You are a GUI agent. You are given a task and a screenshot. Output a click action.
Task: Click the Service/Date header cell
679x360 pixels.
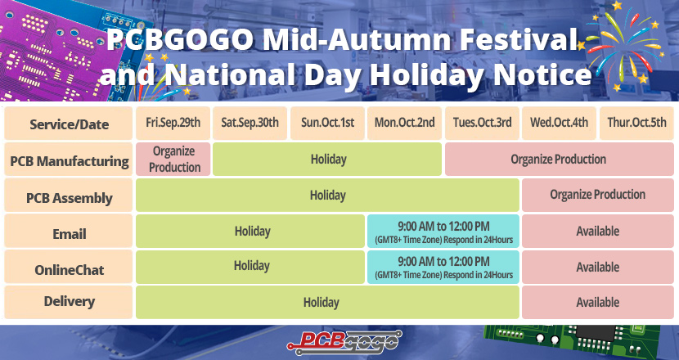tap(69, 124)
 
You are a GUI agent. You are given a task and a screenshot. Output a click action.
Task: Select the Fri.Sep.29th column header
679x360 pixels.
tap(173, 123)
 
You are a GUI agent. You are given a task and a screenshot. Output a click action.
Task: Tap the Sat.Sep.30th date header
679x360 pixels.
tap(250, 123)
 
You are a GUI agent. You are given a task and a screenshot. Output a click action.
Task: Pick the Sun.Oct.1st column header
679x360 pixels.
tap(327, 123)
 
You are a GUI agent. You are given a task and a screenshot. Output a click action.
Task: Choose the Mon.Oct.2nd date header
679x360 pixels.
tap(404, 123)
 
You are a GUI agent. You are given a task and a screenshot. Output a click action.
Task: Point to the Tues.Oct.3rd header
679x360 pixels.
tap(482, 123)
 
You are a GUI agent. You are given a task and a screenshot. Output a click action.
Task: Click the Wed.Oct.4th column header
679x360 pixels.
tap(559, 123)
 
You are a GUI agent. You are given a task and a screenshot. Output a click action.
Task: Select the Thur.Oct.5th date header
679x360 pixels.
tap(636, 123)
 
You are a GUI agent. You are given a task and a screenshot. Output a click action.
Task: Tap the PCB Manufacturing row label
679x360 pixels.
tap(69, 160)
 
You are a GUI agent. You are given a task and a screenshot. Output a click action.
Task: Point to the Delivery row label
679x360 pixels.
tap(69, 303)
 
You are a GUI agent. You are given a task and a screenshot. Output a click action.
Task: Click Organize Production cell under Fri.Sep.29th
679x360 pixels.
tap(173, 160)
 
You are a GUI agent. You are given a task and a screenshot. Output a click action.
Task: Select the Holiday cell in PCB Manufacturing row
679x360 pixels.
tap(327, 160)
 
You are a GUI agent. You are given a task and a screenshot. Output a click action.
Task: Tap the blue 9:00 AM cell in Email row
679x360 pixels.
tap(443, 232)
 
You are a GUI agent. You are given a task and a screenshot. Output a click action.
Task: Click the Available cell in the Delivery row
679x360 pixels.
tap(598, 303)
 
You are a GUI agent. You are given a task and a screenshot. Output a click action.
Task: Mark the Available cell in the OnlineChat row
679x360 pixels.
tap(598, 267)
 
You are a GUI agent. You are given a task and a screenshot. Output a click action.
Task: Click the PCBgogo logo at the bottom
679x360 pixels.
tap(344, 342)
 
